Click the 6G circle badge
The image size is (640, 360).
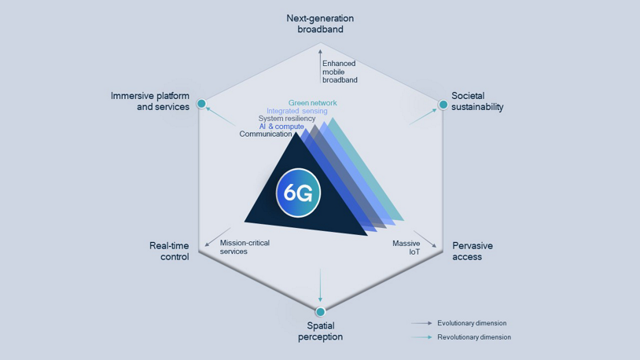298,193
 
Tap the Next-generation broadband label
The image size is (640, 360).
320,24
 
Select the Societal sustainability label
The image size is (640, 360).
477,101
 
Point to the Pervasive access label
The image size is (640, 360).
473,251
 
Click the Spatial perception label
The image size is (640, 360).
320,331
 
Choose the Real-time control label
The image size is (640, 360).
169,251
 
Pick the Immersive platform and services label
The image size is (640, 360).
150,101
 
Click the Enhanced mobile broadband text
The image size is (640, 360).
340,72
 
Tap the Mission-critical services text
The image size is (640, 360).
245,247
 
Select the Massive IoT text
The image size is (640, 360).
406,248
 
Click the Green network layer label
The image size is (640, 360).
312,103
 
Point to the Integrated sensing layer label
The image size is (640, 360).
296,111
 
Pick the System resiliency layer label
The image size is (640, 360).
286,119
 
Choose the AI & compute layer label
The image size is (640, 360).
281,127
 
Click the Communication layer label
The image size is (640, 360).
266,134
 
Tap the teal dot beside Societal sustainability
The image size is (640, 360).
443,105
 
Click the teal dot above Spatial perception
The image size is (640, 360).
320,312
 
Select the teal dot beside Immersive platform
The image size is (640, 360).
201,104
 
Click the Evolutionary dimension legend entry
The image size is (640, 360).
471,323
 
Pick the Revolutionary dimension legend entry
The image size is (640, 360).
473,337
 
